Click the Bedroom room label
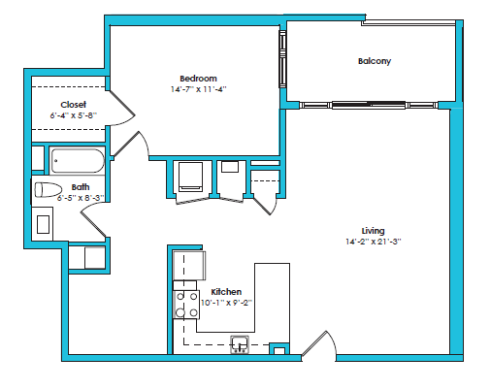click(x=197, y=79)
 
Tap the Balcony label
click(x=374, y=61)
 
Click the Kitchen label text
click(x=226, y=292)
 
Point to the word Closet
click(x=73, y=105)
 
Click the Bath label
click(x=80, y=187)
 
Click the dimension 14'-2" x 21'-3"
click(x=373, y=242)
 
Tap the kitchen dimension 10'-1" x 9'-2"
click(x=226, y=303)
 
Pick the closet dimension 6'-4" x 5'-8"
click(x=74, y=115)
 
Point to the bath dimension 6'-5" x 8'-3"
click(x=81, y=197)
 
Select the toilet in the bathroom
click(x=49, y=189)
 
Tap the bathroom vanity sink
click(x=44, y=224)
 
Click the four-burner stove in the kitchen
click(x=185, y=305)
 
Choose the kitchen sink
click(x=239, y=342)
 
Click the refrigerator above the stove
click(x=187, y=265)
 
